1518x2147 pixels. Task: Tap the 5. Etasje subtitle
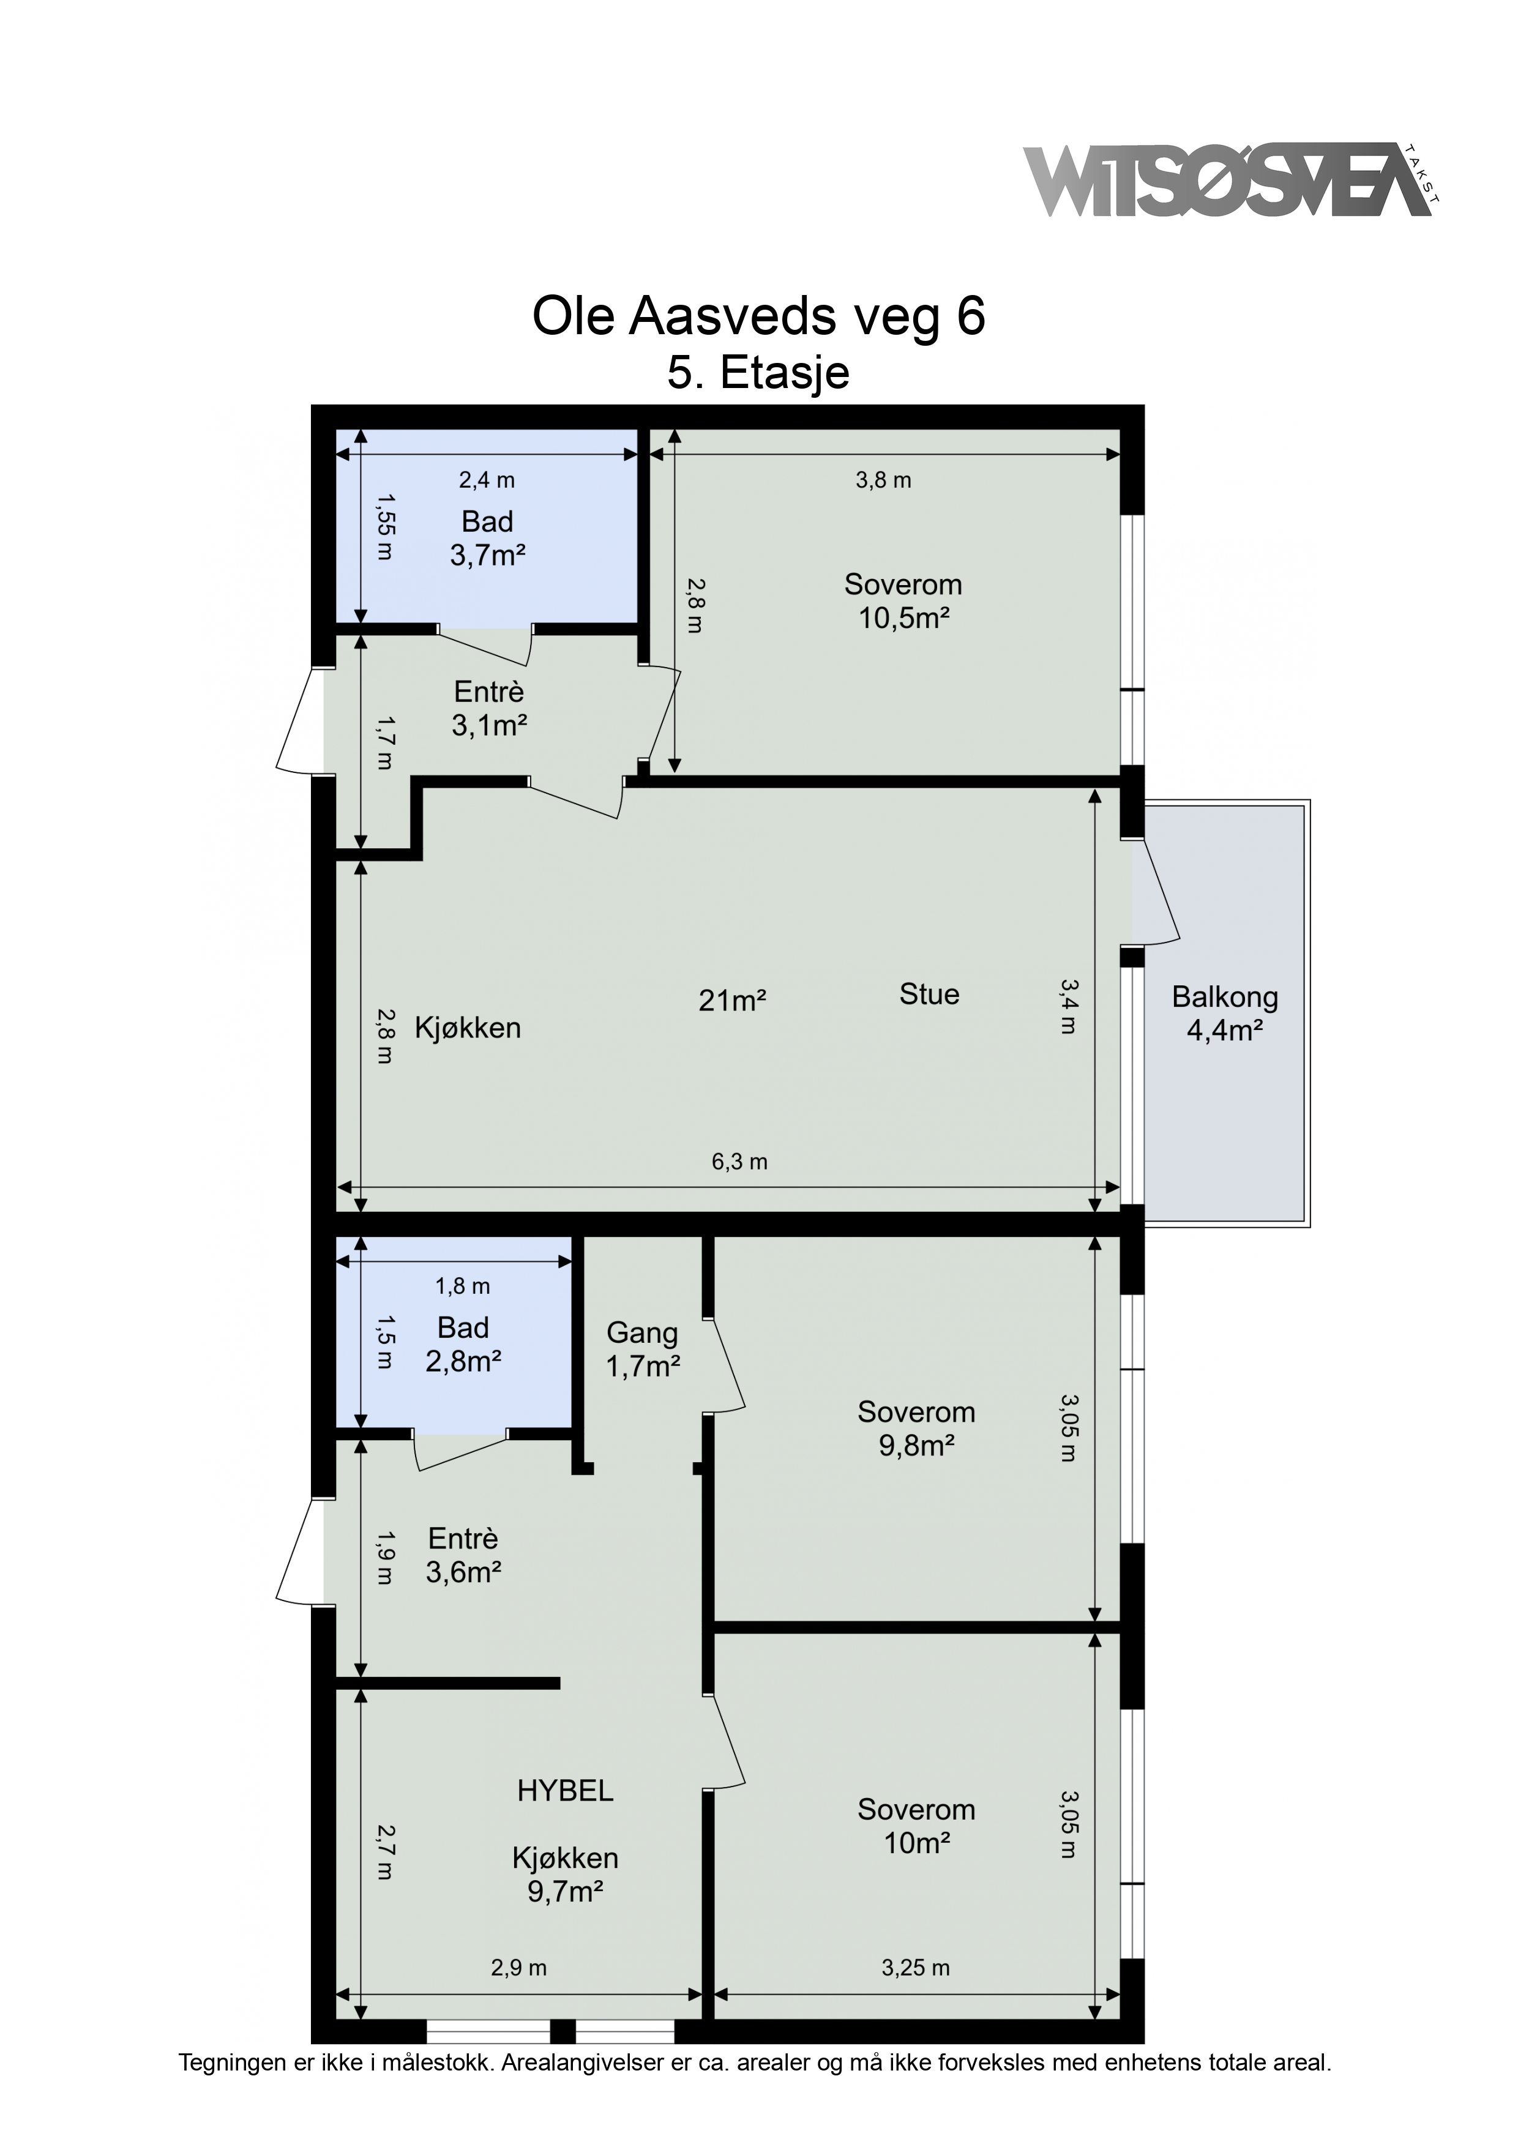(758, 372)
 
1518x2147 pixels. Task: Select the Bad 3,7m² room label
(487, 539)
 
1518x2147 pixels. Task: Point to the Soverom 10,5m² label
(903, 601)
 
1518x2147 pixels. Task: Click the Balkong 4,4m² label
(1225, 1014)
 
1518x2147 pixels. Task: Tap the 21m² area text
(732, 1001)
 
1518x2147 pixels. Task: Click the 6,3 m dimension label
(740, 1162)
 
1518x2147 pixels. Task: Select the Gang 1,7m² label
(643, 1350)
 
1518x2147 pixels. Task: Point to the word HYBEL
(566, 1791)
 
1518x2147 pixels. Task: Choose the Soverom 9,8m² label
(916, 1428)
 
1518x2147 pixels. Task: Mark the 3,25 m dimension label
(916, 1968)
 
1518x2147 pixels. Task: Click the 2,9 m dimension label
(519, 1968)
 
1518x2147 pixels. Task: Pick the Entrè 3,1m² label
(489, 709)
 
